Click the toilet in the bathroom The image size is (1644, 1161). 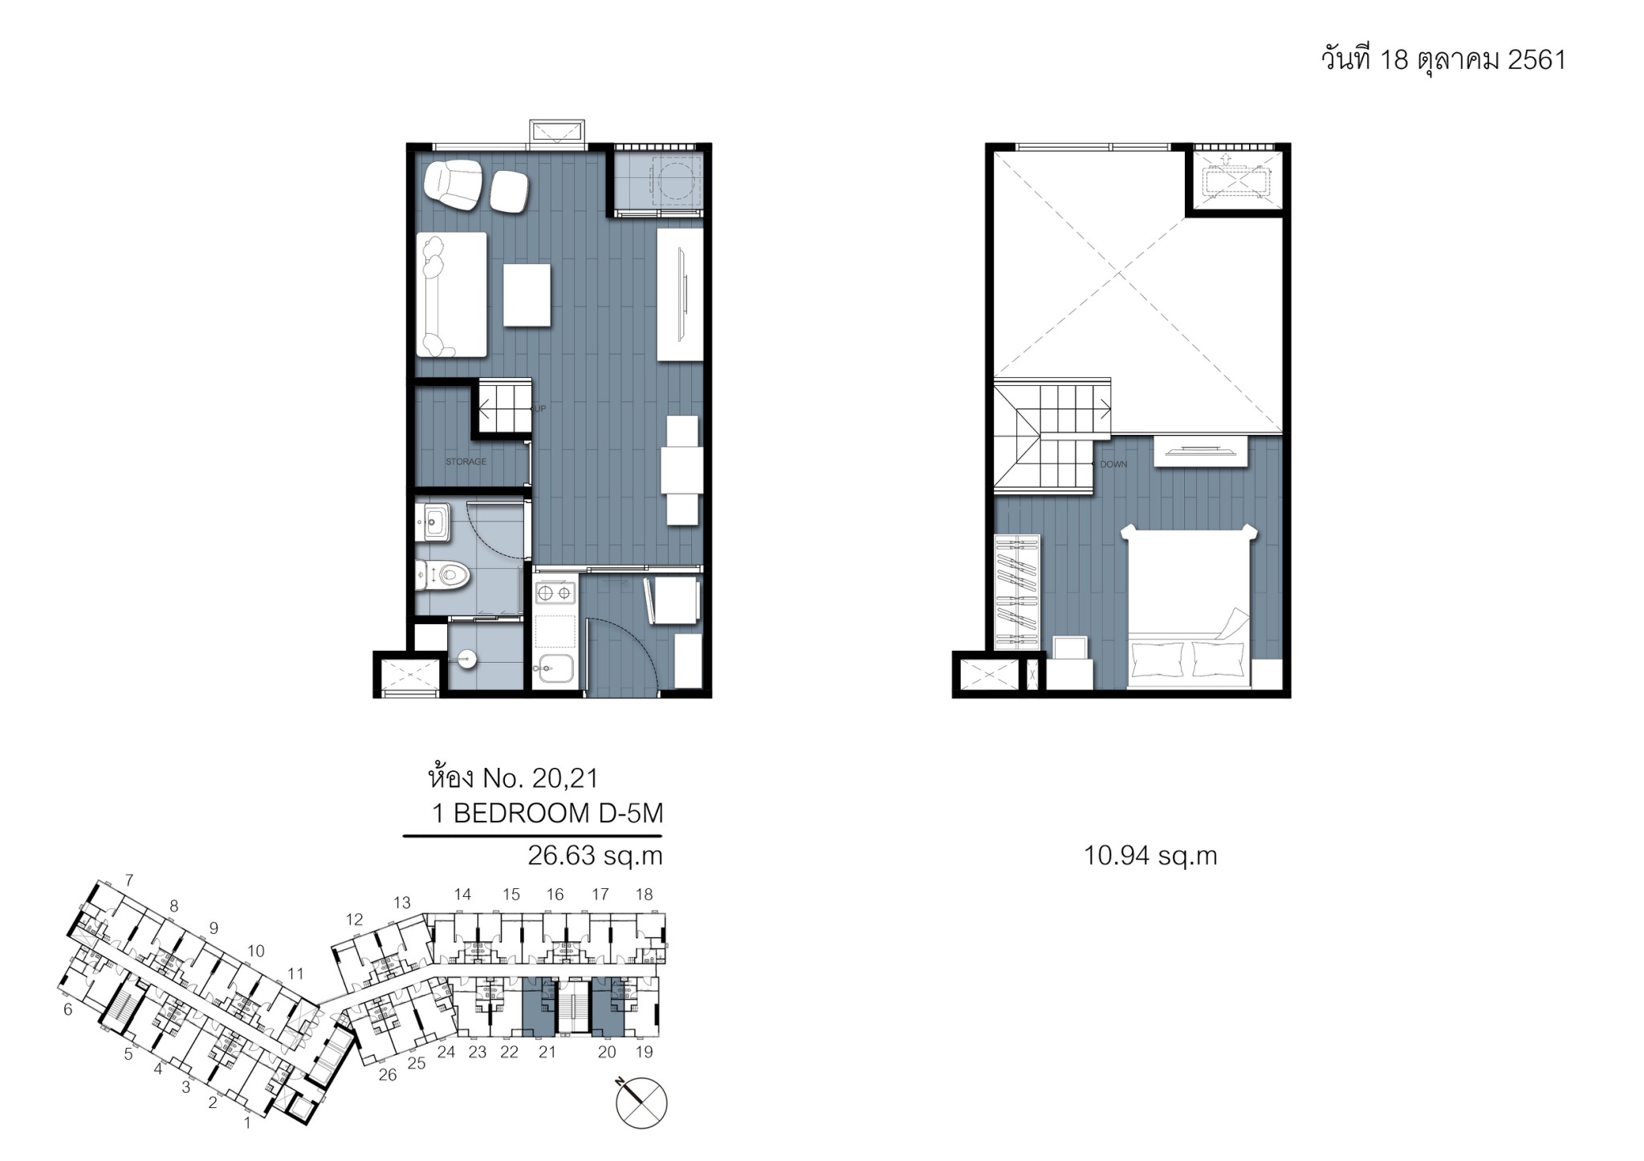pos(442,574)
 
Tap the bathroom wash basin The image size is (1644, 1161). pos(433,522)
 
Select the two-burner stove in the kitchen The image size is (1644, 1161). pos(555,593)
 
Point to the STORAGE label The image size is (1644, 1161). pos(466,461)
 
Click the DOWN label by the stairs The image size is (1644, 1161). pos(1113,465)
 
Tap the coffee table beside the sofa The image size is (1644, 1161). pos(527,294)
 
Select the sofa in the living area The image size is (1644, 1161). pos(451,294)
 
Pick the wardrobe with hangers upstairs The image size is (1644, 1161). pos(1017,592)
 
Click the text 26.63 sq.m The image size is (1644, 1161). pos(595,856)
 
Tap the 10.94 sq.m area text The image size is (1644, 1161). pos(1150,856)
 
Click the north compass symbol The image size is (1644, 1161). pos(641,1102)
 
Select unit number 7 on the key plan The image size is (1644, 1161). pos(128,880)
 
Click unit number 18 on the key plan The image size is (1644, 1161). pos(644,895)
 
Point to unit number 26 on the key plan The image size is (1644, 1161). pos(388,1075)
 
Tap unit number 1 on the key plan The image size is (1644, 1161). pos(247,1123)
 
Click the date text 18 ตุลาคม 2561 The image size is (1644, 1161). pos(1473,60)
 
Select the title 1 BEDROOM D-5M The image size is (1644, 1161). pos(548,814)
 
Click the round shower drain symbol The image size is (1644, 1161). pos(466,660)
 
